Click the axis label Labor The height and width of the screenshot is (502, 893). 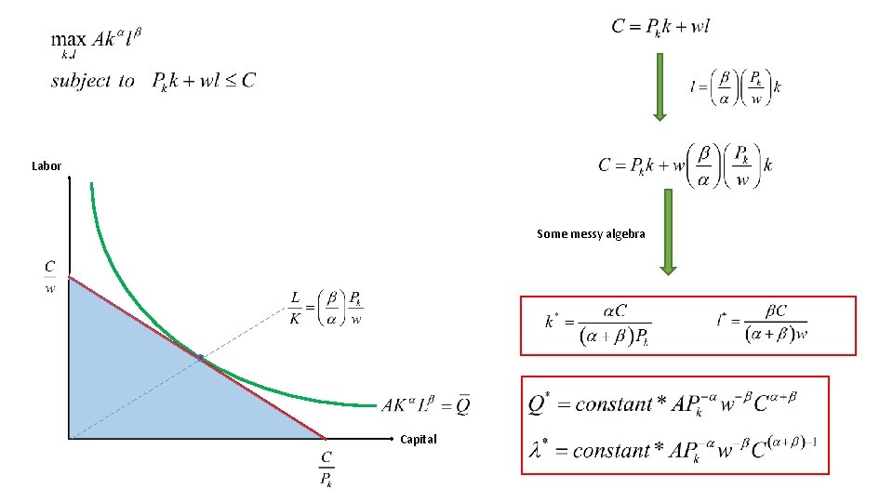pyautogui.click(x=46, y=166)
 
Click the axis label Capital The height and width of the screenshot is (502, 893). pyautogui.click(x=418, y=439)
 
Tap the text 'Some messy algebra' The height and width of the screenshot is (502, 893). pyautogui.click(x=591, y=234)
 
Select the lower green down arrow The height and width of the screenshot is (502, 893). pyautogui.click(x=668, y=231)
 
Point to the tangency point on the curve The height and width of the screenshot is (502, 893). pyautogui.click(x=200, y=358)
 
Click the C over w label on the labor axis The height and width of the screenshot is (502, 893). pyautogui.click(x=50, y=276)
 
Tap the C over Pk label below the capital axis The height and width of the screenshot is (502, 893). pyautogui.click(x=327, y=469)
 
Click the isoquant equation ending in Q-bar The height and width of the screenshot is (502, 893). pyautogui.click(x=426, y=404)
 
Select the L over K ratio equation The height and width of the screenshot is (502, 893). pyautogui.click(x=327, y=308)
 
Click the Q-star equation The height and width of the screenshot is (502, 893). pyautogui.click(x=662, y=403)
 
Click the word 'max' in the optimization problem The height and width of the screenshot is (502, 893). pyautogui.click(x=68, y=39)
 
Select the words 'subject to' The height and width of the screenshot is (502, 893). pyautogui.click(x=93, y=81)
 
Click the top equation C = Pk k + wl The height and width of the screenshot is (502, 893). pyautogui.click(x=660, y=26)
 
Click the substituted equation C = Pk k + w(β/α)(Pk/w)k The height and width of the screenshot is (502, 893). pyautogui.click(x=686, y=165)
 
